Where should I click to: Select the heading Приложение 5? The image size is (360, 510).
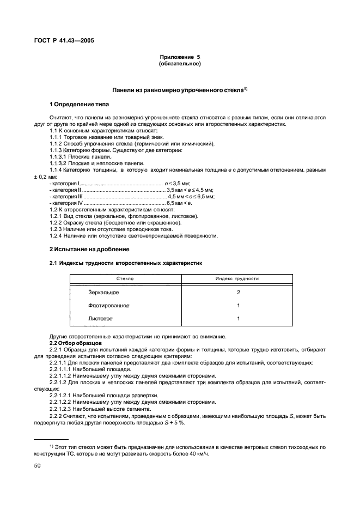coord(180,57)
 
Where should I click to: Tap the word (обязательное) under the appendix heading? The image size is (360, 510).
coord(180,64)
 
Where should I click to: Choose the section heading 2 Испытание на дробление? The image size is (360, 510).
coord(89,249)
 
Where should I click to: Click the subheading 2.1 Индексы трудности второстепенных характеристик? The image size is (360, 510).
coord(126,263)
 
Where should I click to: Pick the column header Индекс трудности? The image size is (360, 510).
coord(237,279)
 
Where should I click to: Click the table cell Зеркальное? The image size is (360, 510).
coord(103,293)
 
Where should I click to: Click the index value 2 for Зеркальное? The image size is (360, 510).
coord(238,293)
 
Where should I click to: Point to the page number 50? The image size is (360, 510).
coord(38,466)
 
